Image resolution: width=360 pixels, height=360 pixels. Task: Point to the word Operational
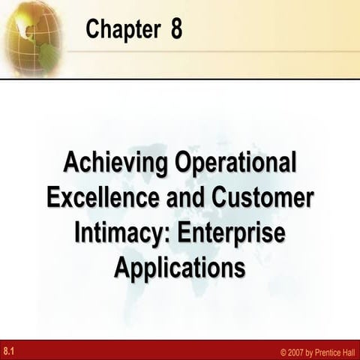[x=235, y=163]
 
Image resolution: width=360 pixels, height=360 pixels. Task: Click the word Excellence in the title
[x=96, y=198]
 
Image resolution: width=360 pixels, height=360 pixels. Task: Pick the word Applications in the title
[x=180, y=268]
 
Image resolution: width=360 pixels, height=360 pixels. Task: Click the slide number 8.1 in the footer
[x=9, y=349]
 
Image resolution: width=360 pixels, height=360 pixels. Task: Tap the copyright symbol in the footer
[x=283, y=350]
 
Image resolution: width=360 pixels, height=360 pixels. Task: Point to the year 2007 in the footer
[x=297, y=350]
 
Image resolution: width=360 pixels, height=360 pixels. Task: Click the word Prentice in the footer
[x=327, y=350]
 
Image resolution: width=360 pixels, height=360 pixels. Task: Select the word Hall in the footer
[x=350, y=350]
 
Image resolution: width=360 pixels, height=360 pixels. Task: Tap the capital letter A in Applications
[x=122, y=266]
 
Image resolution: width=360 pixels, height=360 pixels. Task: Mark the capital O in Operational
[x=184, y=162]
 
